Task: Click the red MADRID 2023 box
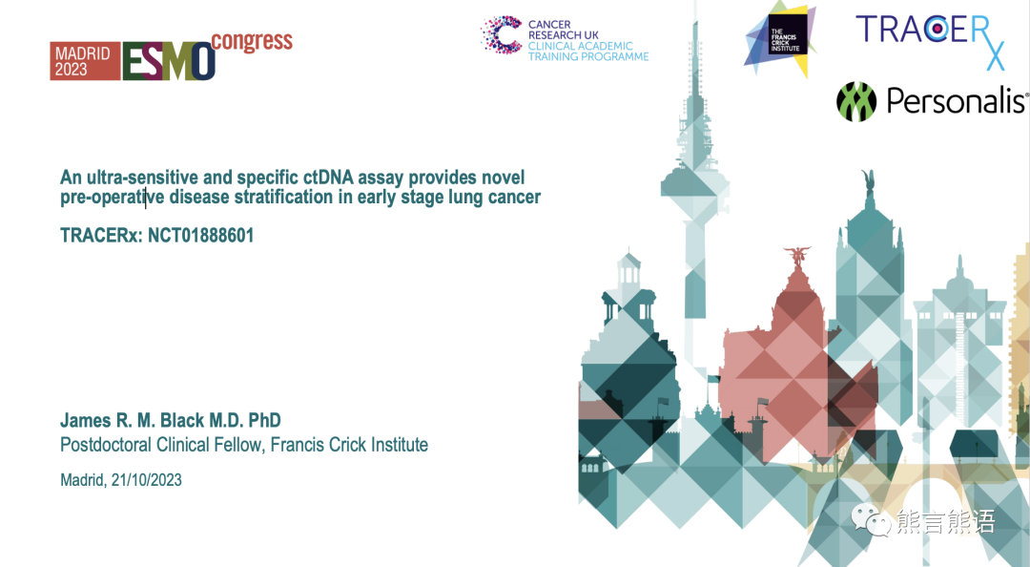click(85, 61)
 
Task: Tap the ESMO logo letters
click(169, 61)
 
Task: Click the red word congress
click(252, 41)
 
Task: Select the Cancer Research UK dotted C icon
click(502, 35)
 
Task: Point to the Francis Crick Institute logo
click(780, 39)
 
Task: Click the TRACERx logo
click(931, 39)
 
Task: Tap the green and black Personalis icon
click(856, 102)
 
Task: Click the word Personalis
click(956, 101)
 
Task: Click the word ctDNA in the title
click(328, 178)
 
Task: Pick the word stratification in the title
click(284, 198)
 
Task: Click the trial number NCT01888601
click(201, 236)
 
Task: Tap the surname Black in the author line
click(182, 420)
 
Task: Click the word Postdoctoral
click(106, 445)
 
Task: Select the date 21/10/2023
click(147, 480)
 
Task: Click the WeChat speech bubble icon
click(871, 521)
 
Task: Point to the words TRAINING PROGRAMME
click(588, 56)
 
